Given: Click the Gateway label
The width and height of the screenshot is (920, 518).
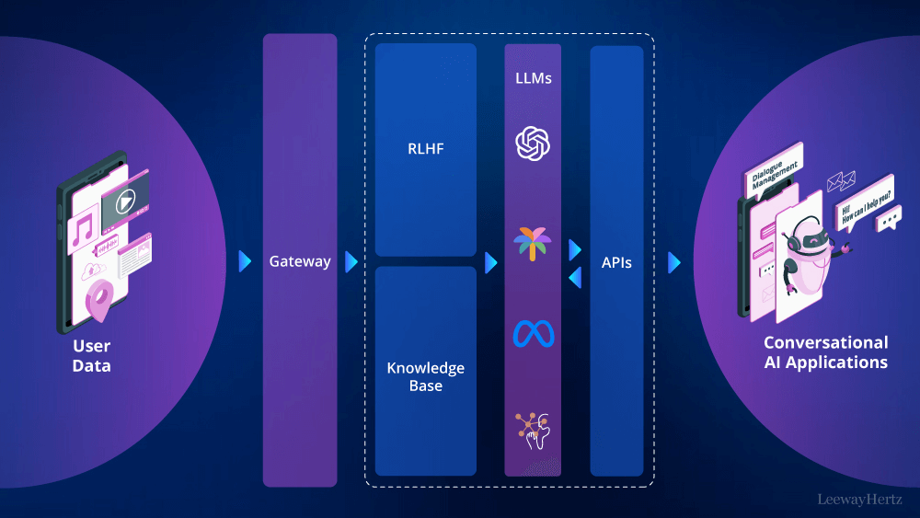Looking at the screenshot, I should click(300, 261).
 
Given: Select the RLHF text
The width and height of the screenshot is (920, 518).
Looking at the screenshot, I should click(426, 148).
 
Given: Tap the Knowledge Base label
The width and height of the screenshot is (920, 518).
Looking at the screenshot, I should click(426, 376).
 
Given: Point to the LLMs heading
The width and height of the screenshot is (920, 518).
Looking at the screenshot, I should click(533, 78).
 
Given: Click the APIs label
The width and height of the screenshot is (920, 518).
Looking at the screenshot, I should click(616, 262).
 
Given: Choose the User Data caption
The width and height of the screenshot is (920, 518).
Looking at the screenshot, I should click(92, 356).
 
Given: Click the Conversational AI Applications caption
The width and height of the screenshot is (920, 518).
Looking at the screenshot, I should click(825, 352).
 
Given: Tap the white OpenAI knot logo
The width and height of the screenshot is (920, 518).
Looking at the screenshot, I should click(533, 144).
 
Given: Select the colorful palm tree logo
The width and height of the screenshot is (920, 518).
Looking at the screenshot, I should click(533, 245).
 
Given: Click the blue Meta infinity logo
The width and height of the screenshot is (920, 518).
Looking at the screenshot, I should click(533, 333).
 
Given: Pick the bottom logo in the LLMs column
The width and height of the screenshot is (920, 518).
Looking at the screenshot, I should click(533, 430).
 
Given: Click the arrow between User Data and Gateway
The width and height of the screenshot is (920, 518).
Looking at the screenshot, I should click(245, 261).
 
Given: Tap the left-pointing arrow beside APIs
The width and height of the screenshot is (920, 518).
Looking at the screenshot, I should click(575, 277).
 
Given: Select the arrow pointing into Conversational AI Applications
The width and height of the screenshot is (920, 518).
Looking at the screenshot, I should click(674, 262).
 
